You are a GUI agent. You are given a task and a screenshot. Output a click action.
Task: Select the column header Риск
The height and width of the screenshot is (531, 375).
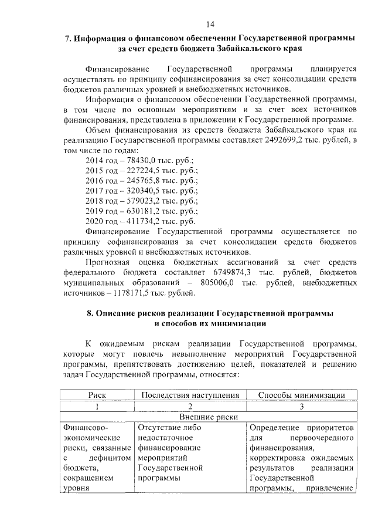click(97, 395)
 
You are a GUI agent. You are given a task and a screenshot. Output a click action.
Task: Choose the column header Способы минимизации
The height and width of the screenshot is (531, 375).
click(301, 395)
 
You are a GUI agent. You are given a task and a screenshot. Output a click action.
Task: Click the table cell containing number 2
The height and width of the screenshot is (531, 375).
click(190, 405)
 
